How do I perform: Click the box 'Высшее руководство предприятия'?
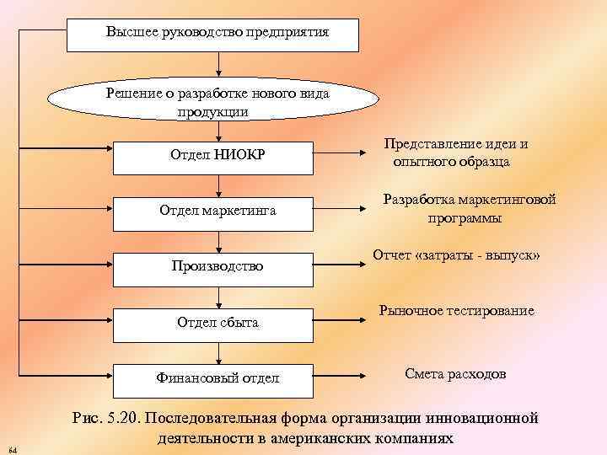(x=218, y=33)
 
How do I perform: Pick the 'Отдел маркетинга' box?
(x=218, y=209)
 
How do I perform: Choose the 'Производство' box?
(x=218, y=266)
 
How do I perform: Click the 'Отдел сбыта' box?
(x=218, y=322)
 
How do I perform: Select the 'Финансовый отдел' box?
(x=218, y=377)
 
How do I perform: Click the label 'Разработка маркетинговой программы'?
(x=469, y=209)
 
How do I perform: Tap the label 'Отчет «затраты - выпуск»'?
(x=456, y=255)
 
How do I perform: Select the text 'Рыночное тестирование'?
(x=456, y=311)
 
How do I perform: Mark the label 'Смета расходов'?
(x=455, y=373)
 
